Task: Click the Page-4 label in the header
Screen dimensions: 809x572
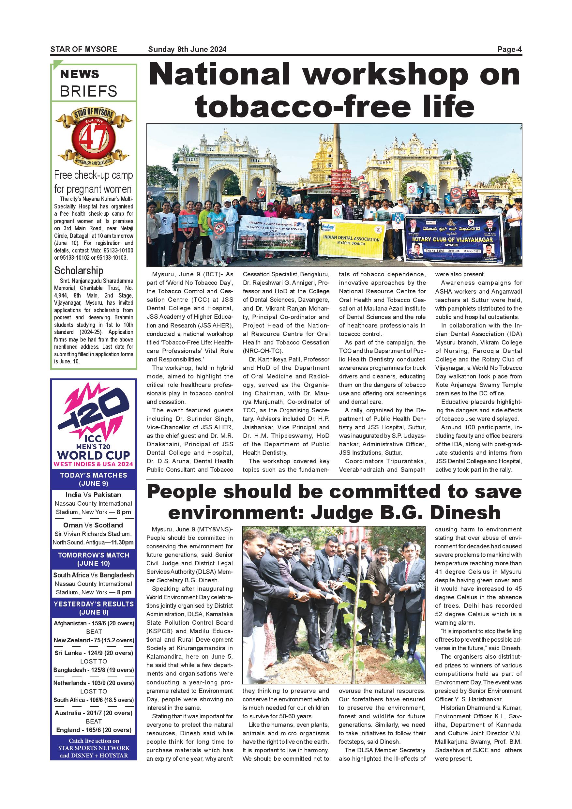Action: [509, 50]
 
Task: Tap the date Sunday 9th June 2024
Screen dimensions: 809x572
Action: [187, 50]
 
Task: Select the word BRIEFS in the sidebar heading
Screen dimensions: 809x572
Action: [88, 91]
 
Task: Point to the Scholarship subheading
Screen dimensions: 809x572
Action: [79, 271]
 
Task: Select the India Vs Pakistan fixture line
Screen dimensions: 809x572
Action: [93, 495]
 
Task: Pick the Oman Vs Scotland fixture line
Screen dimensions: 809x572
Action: [93, 525]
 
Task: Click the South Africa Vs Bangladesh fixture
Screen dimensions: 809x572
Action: [93, 575]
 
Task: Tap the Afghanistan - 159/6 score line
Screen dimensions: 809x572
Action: [94, 623]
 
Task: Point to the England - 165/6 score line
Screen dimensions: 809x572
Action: [94, 730]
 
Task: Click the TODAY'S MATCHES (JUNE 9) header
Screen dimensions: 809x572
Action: [93, 479]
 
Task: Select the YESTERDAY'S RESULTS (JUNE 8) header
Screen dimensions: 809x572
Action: [93, 608]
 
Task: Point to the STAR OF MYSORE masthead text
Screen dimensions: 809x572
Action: [83, 50]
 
